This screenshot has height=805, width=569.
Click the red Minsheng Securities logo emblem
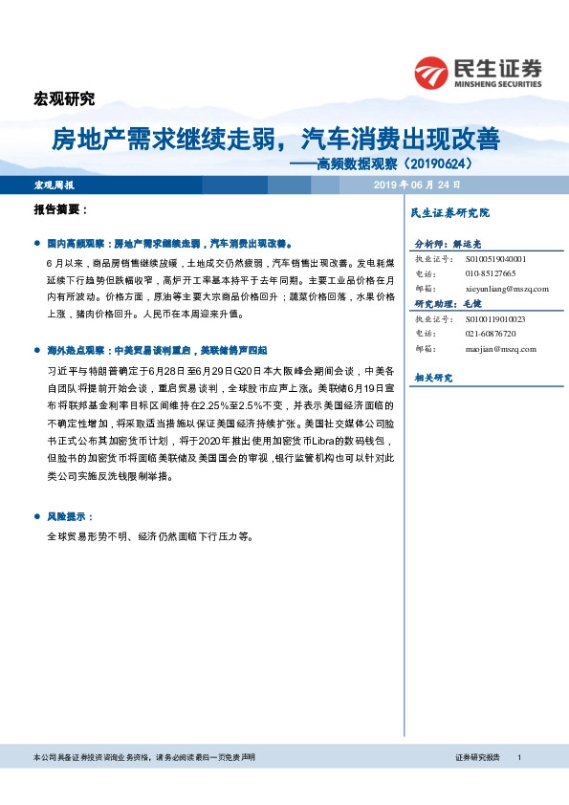[x=432, y=72]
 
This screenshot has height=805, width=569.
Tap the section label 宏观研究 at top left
[x=64, y=98]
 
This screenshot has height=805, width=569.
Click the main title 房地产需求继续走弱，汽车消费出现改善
[x=275, y=140]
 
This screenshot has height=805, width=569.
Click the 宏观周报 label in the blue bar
[x=54, y=184]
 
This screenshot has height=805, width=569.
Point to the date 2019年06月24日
[x=417, y=184]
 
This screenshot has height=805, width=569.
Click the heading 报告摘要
[x=60, y=208]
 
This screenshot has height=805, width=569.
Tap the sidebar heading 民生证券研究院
[x=449, y=212]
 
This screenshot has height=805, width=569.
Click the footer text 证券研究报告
[x=478, y=757]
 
